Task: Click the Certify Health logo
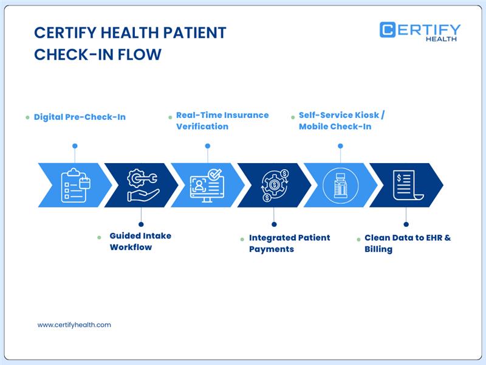(x=420, y=31)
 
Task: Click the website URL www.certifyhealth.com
(x=74, y=325)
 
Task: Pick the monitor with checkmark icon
(x=207, y=185)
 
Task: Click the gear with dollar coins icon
(x=275, y=185)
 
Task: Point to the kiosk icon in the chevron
(x=340, y=185)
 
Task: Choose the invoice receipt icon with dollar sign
(x=406, y=185)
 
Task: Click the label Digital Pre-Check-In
(x=80, y=117)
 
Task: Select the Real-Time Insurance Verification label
(x=222, y=120)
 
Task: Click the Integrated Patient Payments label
(x=289, y=243)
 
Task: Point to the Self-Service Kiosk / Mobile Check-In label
(x=341, y=120)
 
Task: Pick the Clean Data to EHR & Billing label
(x=407, y=243)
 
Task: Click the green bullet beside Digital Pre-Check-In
(x=27, y=117)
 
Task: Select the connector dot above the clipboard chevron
(x=75, y=146)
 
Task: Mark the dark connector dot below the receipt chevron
(x=406, y=224)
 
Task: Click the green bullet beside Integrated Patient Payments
(x=243, y=238)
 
